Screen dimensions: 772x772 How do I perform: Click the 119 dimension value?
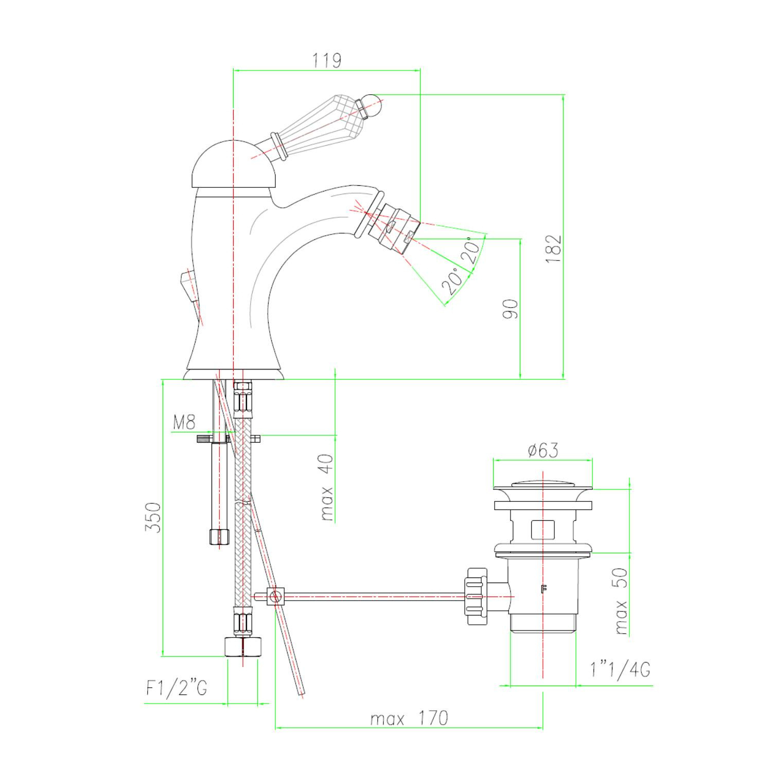pyautogui.click(x=327, y=60)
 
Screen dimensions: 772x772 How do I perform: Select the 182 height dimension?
pyautogui.click(x=554, y=249)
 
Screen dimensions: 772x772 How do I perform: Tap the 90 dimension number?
pyautogui.click(x=511, y=308)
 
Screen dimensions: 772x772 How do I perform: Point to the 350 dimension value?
pyautogui.click(x=153, y=518)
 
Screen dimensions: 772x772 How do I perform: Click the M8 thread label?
pyautogui.click(x=184, y=423)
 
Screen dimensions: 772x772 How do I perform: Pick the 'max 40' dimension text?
pyautogui.click(x=327, y=487)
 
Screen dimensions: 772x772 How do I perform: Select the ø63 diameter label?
pyautogui.click(x=543, y=450)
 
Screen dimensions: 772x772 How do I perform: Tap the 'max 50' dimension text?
pyautogui.click(x=621, y=601)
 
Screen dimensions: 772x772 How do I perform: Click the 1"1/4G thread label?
pyautogui.click(x=621, y=670)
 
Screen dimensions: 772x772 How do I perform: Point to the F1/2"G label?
pyautogui.click(x=177, y=688)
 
